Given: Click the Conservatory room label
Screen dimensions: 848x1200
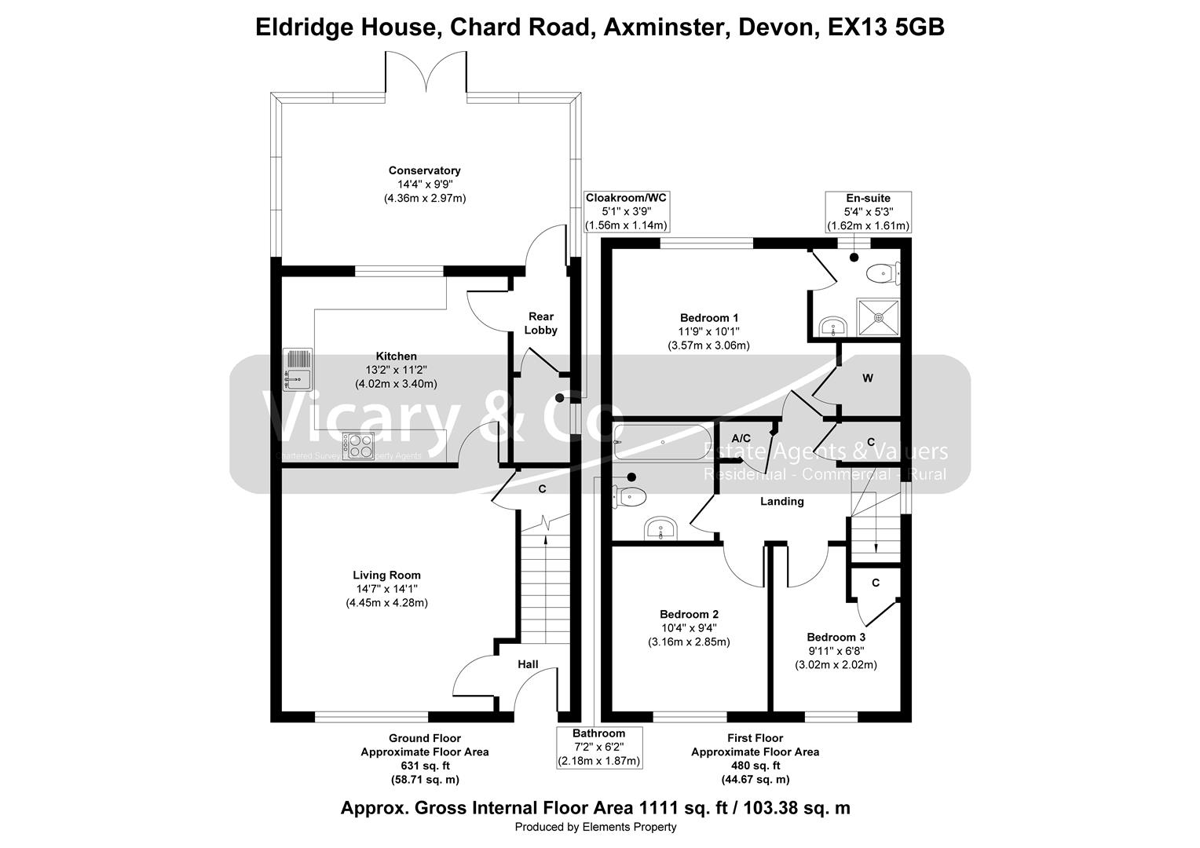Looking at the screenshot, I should coord(424,170).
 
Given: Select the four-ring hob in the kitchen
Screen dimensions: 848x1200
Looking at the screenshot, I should coord(358,446).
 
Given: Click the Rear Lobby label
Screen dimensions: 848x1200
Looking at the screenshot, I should coord(540,323).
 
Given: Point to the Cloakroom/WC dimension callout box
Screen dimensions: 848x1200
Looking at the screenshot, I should coord(626,211).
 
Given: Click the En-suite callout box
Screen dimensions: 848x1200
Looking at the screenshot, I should coord(868,211).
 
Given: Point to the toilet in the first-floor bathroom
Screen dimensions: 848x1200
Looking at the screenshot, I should coord(631,497).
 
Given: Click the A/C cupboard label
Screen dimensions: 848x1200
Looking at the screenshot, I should coord(741,437).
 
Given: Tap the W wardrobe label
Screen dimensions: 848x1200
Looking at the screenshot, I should coord(868,378).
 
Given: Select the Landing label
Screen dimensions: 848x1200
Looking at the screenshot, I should coord(782,502).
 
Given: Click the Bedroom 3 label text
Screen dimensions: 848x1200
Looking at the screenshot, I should coord(836,637).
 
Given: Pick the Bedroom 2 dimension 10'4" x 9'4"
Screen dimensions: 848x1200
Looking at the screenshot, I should coord(689,628).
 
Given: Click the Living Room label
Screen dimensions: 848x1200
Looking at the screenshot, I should coord(386,575).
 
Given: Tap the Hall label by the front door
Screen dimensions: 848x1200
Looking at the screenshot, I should coord(528,664).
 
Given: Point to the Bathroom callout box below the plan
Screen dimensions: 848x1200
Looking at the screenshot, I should coord(599,747).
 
